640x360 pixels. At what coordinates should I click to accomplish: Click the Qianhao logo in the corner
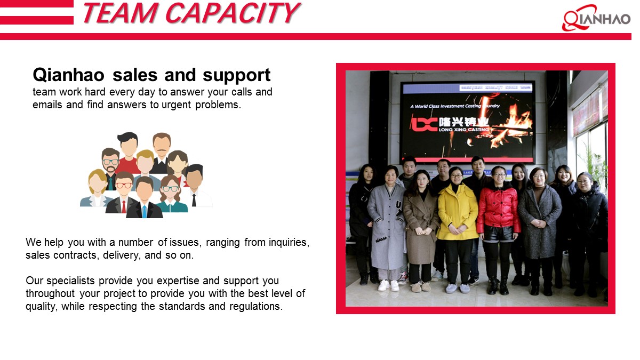tap(596, 18)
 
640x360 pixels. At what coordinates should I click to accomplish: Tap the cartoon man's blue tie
tap(144, 211)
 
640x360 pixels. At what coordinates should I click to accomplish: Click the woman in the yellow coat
tap(457, 219)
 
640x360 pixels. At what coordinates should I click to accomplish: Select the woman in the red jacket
tap(498, 219)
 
